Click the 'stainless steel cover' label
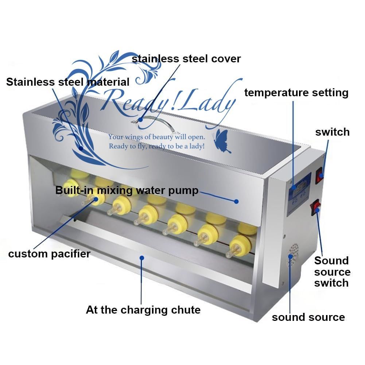tap(186, 58)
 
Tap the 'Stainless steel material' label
tap(67, 82)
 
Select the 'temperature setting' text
tap(296, 92)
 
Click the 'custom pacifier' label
tap(49, 253)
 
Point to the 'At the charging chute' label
tap(143, 310)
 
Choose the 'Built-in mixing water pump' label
tap(127, 190)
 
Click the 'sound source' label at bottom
tap(308, 317)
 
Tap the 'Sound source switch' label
tap(332, 272)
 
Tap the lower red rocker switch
tap(315, 208)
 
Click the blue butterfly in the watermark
tap(222, 142)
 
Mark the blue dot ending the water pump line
tap(236, 201)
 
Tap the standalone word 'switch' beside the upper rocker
tap(332, 132)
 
